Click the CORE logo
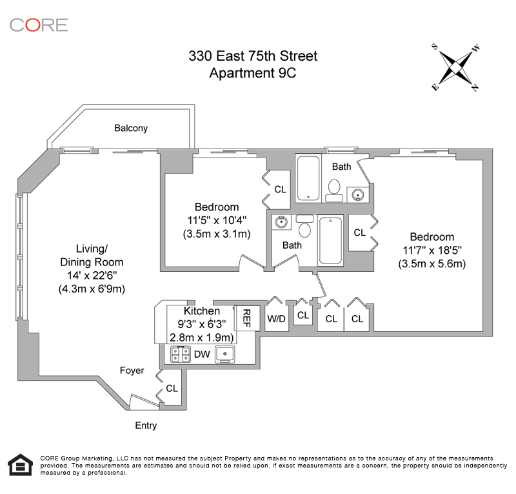click(x=39, y=25)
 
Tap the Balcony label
click(x=131, y=128)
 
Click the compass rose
click(x=455, y=68)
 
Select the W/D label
click(x=277, y=318)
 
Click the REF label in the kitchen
click(x=246, y=318)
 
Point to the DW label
click(x=202, y=355)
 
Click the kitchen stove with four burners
click(x=181, y=355)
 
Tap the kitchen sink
click(x=224, y=355)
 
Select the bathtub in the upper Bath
click(x=308, y=178)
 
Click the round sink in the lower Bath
click(x=281, y=221)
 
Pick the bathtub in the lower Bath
click(x=330, y=240)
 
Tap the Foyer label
click(x=132, y=371)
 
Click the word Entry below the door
click(x=146, y=426)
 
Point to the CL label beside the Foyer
click(x=172, y=388)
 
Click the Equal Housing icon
click(x=21, y=465)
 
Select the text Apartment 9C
click(x=253, y=73)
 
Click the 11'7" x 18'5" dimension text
click(x=432, y=250)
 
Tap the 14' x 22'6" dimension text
click(x=92, y=275)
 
